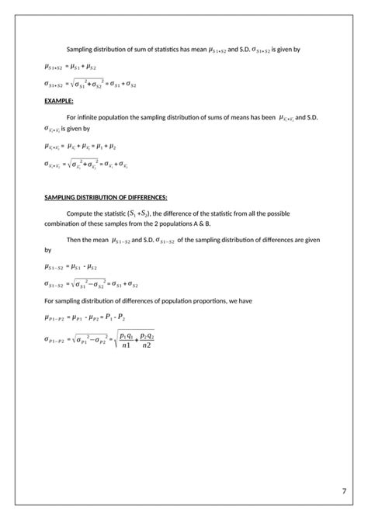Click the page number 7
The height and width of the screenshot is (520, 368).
point(343,491)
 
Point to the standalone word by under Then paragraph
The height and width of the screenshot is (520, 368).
point(47,251)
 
